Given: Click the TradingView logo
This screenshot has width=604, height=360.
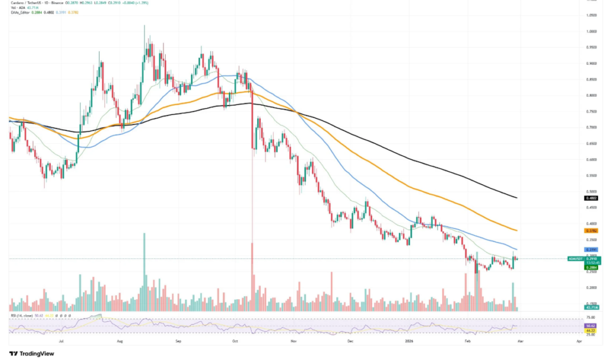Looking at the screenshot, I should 33,353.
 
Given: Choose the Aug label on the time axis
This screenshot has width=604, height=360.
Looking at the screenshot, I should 120,341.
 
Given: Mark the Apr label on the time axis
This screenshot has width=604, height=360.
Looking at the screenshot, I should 579,341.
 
